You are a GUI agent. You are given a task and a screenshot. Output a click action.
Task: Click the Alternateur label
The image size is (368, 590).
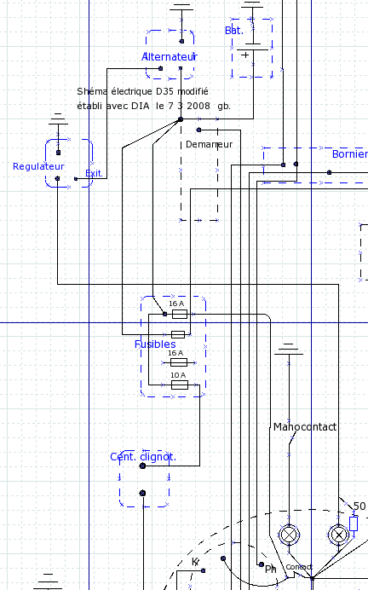pyautogui.click(x=170, y=57)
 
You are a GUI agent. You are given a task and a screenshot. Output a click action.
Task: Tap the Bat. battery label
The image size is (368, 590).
pyautogui.click(x=234, y=31)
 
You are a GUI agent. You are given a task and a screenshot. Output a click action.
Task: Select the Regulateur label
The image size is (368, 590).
pyautogui.click(x=38, y=166)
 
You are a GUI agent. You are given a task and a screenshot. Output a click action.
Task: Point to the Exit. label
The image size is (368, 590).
pyautogui.click(x=94, y=173)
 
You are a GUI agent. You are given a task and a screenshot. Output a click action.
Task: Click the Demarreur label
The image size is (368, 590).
pyautogui.click(x=209, y=144)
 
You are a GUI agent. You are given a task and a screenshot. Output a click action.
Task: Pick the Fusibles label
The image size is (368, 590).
pyautogui.click(x=155, y=344)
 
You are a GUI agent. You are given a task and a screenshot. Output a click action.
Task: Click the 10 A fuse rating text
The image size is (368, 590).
pyautogui.click(x=178, y=375)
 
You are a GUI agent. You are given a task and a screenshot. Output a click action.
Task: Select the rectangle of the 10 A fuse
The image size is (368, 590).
pyautogui.click(x=180, y=385)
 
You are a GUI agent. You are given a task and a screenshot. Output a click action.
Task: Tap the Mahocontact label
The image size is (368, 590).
pyautogui.click(x=305, y=426)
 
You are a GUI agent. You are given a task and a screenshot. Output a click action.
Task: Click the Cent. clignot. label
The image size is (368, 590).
pyautogui.click(x=143, y=457)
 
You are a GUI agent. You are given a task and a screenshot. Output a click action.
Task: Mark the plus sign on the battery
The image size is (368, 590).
pyautogui.click(x=245, y=55)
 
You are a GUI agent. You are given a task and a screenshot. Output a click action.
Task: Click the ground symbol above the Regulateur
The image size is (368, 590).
pyautogui.click(x=58, y=119)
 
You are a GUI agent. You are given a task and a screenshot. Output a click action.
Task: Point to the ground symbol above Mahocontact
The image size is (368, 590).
pyautogui.click(x=288, y=349)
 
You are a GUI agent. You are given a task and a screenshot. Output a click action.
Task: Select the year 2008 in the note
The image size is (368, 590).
pyautogui.click(x=198, y=106)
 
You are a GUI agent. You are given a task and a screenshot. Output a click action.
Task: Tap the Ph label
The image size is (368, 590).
pyautogui.click(x=271, y=570)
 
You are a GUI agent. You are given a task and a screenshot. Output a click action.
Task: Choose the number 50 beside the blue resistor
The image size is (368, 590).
pyautogui.click(x=359, y=506)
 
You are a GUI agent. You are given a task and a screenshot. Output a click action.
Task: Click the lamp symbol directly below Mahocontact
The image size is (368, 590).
pyautogui.click(x=289, y=535)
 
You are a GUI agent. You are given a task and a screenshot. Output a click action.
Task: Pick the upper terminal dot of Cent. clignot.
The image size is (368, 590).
pyautogui.click(x=142, y=466)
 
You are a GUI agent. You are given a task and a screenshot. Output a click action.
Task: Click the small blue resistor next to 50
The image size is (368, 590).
pyautogui.click(x=354, y=523)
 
